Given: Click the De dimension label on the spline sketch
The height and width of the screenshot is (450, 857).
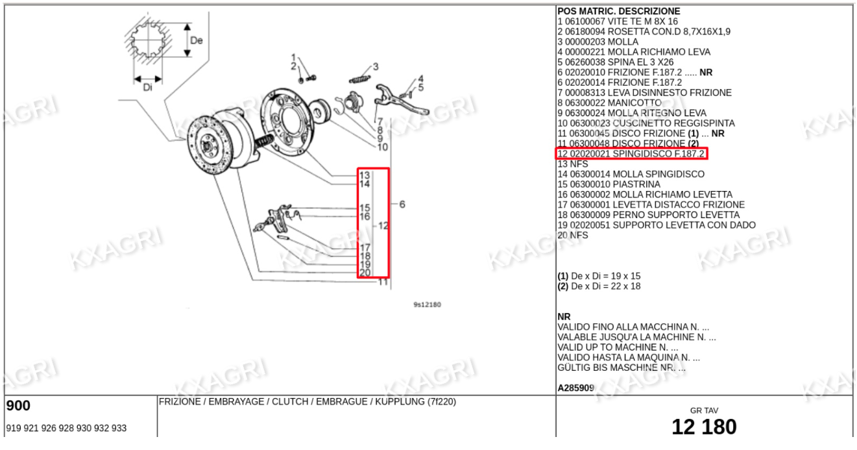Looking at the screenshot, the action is pyautogui.click(x=197, y=40).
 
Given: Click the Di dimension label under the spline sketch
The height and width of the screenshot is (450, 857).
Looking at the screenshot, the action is pyautogui.click(x=147, y=88).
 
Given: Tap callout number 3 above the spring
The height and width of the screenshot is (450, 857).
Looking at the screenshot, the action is pyautogui.click(x=376, y=67).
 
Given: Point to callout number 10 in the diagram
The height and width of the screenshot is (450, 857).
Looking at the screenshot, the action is pyautogui.click(x=383, y=147).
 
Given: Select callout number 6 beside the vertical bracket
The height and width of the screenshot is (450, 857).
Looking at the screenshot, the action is pyautogui.click(x=402, y=205).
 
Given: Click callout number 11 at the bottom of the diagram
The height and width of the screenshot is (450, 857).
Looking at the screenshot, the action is pyautogui.click(x=383, y=282).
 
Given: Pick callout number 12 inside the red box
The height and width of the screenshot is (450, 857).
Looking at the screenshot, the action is pyautogui.click(x=383, y=226).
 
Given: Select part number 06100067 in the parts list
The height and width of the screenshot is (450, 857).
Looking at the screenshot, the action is pyautogui.click(x=585, y=21).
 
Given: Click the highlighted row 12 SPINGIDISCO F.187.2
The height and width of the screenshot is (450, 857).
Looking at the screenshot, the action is pyautogui.click(x=631, y=154).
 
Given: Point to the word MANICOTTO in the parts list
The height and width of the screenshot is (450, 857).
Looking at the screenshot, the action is pyautogui.click(x=634, y=103).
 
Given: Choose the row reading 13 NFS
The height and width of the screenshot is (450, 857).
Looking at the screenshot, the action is pyautogui.click(x=572, y=164).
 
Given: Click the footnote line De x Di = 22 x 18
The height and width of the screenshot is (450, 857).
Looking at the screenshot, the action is pyautogui.click(x=599, y=286).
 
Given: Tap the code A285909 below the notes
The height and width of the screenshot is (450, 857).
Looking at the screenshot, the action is pyautogui.click(x=576, y=388).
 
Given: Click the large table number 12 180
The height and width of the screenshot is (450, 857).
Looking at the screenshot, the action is pyautogui.click(x=704, y=427).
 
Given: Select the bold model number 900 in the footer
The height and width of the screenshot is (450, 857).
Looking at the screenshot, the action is pyautogui.click(x=18, y=406).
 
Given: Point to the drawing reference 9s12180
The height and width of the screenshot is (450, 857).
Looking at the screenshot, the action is pyautogui.click(x=427, y=305).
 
